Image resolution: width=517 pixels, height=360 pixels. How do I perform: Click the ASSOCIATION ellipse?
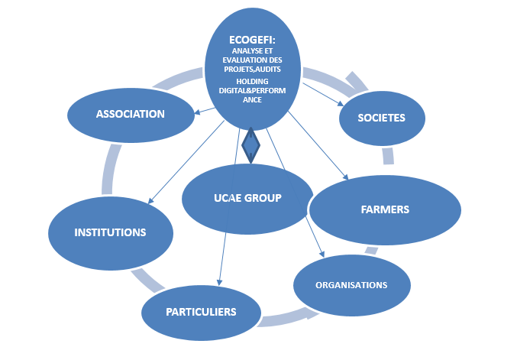131,115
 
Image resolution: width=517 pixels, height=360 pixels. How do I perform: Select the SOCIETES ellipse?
381,118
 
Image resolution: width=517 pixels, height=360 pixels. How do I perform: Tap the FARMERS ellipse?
385,209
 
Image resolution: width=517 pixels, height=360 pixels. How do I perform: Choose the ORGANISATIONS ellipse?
352,285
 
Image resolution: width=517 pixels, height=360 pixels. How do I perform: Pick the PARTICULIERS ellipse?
201,312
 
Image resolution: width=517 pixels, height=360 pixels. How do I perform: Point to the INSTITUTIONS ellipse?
110,232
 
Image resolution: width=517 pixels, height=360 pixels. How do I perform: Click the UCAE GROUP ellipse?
247,199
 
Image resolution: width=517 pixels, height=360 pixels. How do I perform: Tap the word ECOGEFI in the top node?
253,40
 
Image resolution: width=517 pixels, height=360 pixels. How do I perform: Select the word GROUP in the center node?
263,198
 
